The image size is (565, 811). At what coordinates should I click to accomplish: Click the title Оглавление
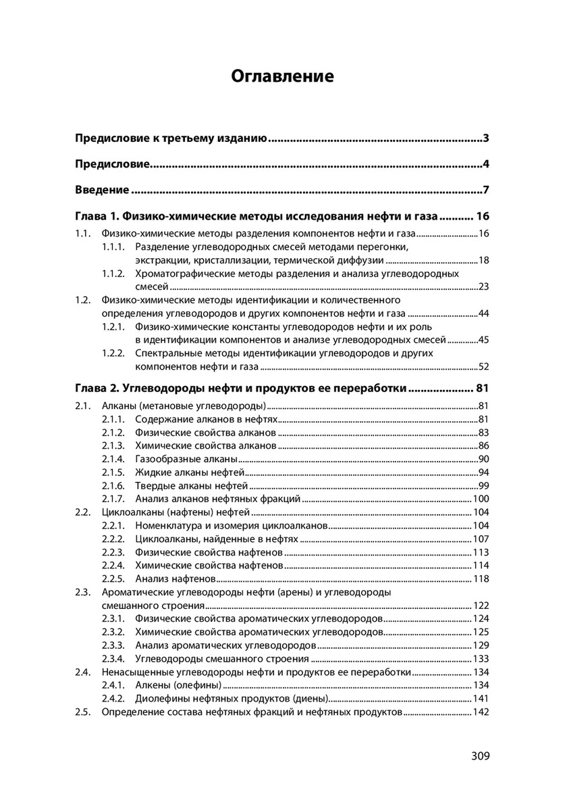[x=282, y=76]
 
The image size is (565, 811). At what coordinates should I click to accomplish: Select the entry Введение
[x=102, y=189]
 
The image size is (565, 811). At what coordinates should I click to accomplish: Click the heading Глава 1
[x=257, y=217]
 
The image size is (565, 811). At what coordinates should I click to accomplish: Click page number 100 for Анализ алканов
[x=480, y=499]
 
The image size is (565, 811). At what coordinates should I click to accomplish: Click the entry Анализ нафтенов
[x=175, y=579]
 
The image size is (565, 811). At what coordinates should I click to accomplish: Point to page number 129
[x=480, y=645]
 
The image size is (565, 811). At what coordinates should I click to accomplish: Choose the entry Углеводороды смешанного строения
[x=222, y=658]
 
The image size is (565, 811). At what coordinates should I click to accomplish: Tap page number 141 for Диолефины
[x=480, y=699]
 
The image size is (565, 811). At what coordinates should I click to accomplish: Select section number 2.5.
[x=82, y=712]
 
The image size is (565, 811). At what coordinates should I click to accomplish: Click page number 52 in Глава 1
[x=483, y=367]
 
